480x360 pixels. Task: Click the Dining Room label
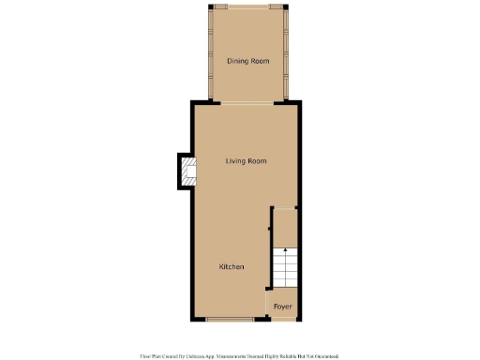[247, 61]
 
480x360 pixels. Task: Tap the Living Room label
[246, 161]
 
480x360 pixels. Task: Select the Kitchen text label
[232, 267]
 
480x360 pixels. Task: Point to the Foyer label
[282, 307]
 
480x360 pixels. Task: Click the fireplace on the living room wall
[187, 171]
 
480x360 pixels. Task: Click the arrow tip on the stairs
[284, 250]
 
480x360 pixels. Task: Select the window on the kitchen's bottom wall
[230, 320]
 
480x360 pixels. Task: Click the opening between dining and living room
[247, 102]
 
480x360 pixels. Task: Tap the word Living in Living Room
[234, 161]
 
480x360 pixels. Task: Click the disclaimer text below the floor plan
[239, 355]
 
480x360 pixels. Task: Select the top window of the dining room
[247, 7]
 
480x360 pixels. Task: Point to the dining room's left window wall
[210, 54]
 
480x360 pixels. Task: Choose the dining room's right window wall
[285, 54]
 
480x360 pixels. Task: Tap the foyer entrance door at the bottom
[282, 320]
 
